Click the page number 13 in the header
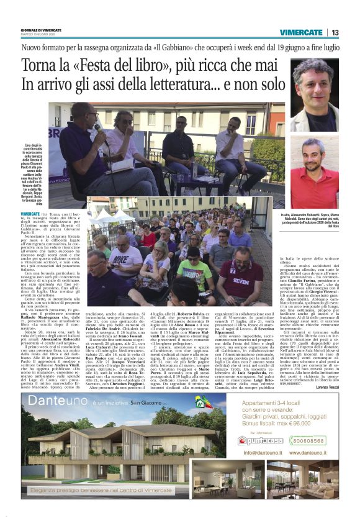click(x=335, y=32)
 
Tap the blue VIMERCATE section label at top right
click(x=300, y=32)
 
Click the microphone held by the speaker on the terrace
click(x=99, y=129)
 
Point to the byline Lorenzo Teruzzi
click(x=325, y=388)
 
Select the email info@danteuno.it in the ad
click(x=264, y=453)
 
